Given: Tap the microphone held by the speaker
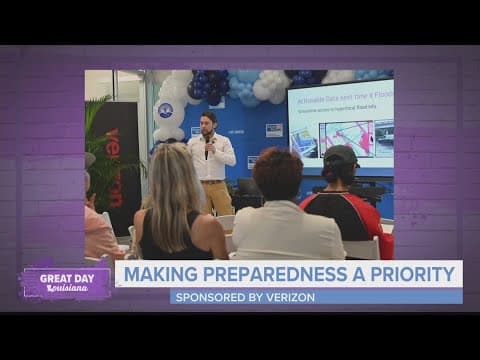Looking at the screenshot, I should (208, 139).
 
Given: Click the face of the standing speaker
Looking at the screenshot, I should (209, 126).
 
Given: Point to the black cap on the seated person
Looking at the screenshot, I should (340, 157).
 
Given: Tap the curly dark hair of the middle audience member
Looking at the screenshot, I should (277, 172).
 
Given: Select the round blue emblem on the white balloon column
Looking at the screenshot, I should (166, 111).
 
